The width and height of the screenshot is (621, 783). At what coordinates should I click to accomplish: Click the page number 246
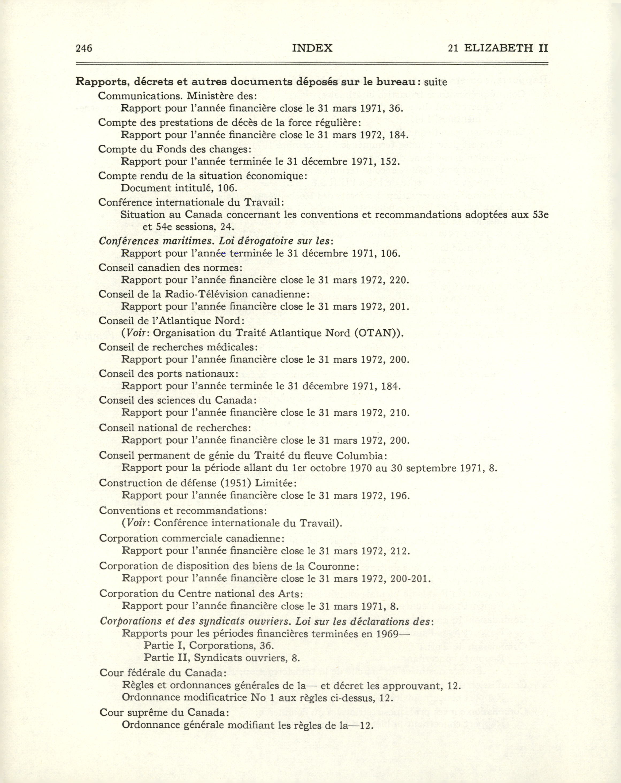[x=84, y=48]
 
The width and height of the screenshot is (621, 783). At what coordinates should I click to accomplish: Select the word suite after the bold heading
[x=435, y=82]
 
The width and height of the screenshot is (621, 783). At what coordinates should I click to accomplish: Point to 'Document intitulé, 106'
[x=179, y=188]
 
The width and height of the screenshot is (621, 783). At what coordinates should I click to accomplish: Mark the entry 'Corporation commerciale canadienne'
[x=192, y=538]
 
